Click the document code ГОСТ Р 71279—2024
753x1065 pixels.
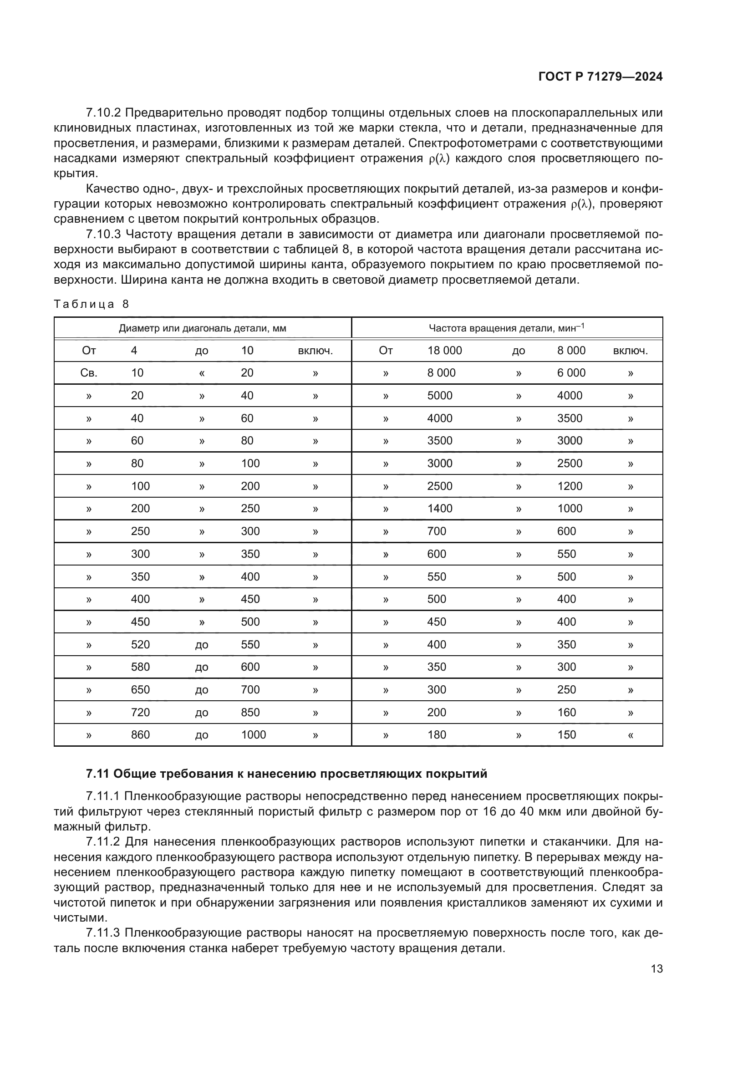pyautogui.click(x=600, y=77)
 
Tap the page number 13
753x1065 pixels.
pyautogui.click(x=656, y=968)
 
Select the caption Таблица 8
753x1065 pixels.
pyautogui.click(x=92, y=304)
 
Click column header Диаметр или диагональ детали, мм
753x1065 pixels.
pyautogui.click(x=202, y=328)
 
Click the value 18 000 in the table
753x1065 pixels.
pyautogui.click(x=444, y=351)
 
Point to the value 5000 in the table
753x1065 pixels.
pyautogui.click(x=440, y=396)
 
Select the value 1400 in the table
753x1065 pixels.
pyautogui.click(x=440, y=509)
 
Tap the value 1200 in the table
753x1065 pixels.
pyautogui.click(x=570, y=486)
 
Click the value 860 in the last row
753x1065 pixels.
pyautogui.click(x=140, y=735)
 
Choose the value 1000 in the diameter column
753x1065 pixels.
pyautogui.click(x=253, y=735)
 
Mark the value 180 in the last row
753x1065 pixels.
pyautogui.click(x=436, y=735)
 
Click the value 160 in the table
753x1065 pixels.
pyautogui.click(x=566, y=713)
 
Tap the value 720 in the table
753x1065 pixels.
pyautogui.click(x=140, y=713)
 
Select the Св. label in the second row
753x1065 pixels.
pyautogui.click(x=89, y=373)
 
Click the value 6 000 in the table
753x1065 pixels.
pyautogui.click(x=571, y=373)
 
